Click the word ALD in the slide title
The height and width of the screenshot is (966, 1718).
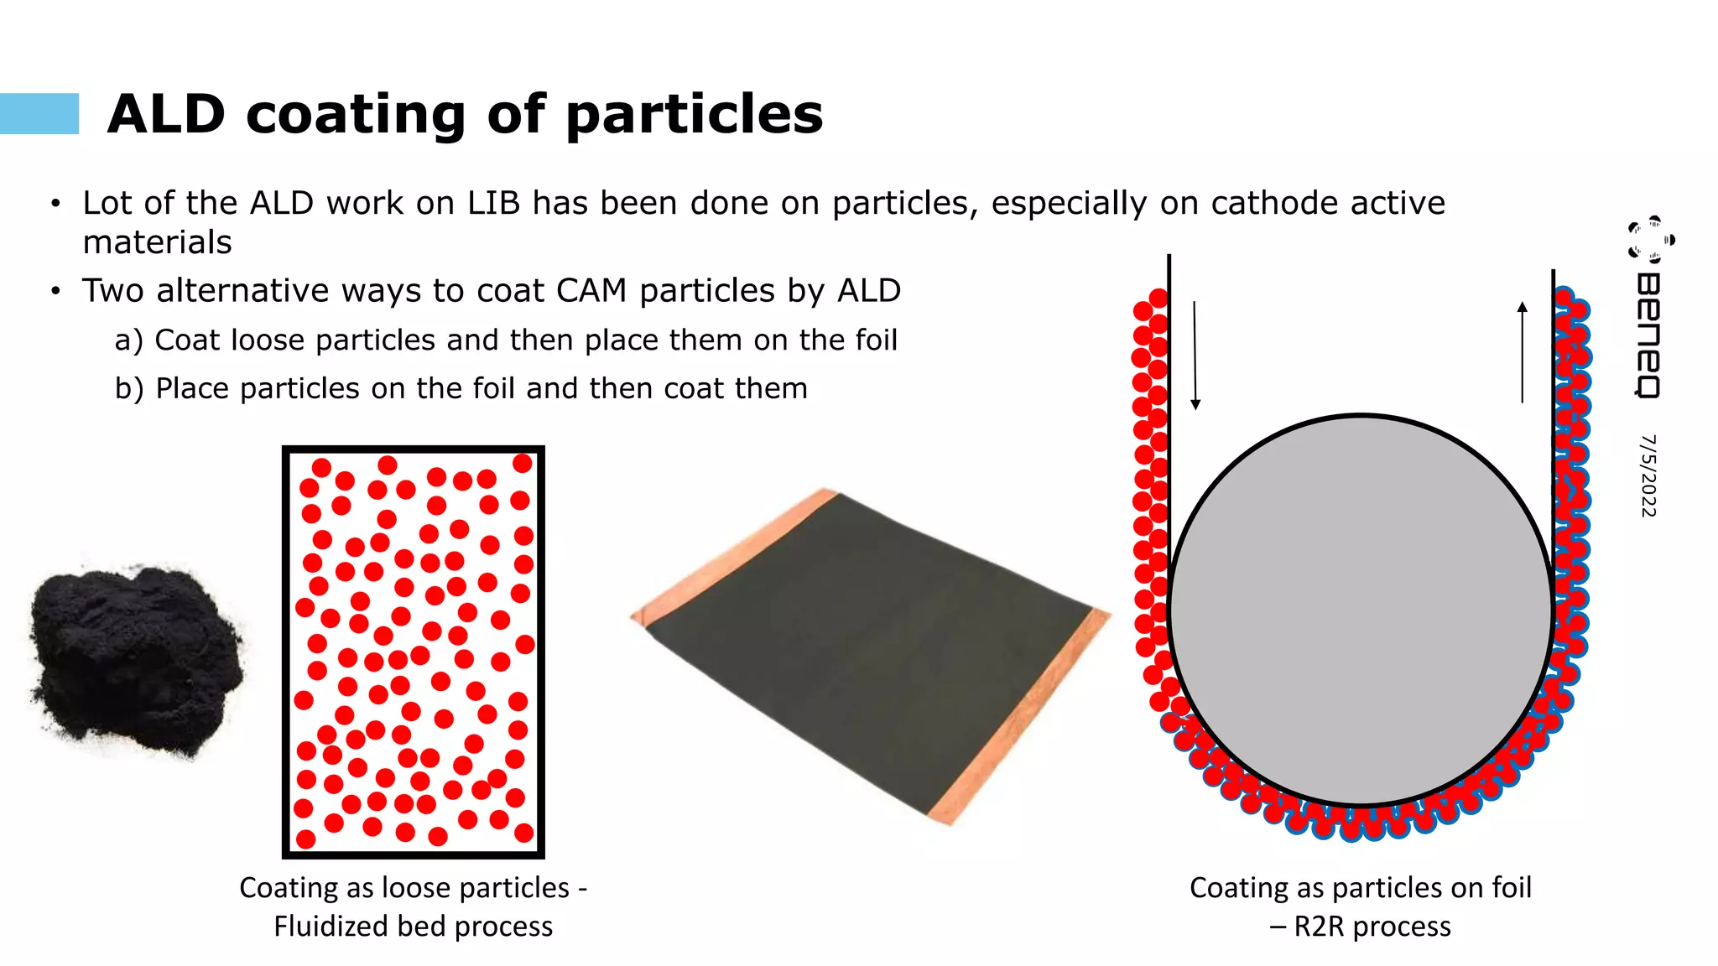(167, 114)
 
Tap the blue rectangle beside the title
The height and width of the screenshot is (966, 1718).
(39, 114)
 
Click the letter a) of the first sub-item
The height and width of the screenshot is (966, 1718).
(129, 340)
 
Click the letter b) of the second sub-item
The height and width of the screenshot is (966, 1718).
(129, 388)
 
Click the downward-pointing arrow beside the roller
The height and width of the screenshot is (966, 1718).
(1195, 356)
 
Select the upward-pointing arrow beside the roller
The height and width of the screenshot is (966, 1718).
(1523, 352)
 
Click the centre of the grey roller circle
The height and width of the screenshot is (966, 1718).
(1361, 610)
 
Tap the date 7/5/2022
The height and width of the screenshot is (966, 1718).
(1648, 475)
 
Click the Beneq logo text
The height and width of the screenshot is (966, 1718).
(1648, 335)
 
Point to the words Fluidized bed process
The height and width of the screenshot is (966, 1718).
(413, 927)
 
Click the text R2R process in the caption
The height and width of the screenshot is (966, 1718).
(1372, 927)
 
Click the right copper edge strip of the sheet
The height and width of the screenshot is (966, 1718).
(1019, 717)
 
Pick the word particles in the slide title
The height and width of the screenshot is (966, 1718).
(695, 114)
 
